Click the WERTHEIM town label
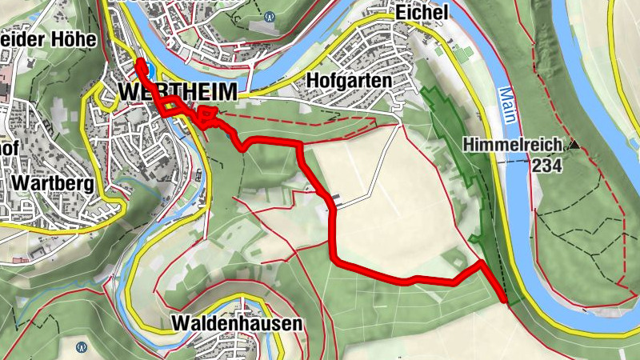pyautogui.click(x=178, y=93)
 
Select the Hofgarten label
pyautogui.click(x=348, y=82)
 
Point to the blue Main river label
pyautogui.click(x=508, y=104)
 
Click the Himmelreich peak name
pyautogui.click(x=511, y=146)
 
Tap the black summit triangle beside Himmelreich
pyautogui.click(x=573, y=145)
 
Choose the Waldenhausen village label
pyautogui.click(x=238, y=324)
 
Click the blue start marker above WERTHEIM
pyautogui.click(x=141, y=67)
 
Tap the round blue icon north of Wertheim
pyautogui.click(x=270, y=15)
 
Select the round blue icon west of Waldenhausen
pyautogui.click(x=82, y=348)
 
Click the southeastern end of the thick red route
pyautogui.click(x=504, y=300)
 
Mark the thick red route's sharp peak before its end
pyautogui.click(x=481, y=262)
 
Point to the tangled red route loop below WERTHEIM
pyautogui.click(x=208, y=117)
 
